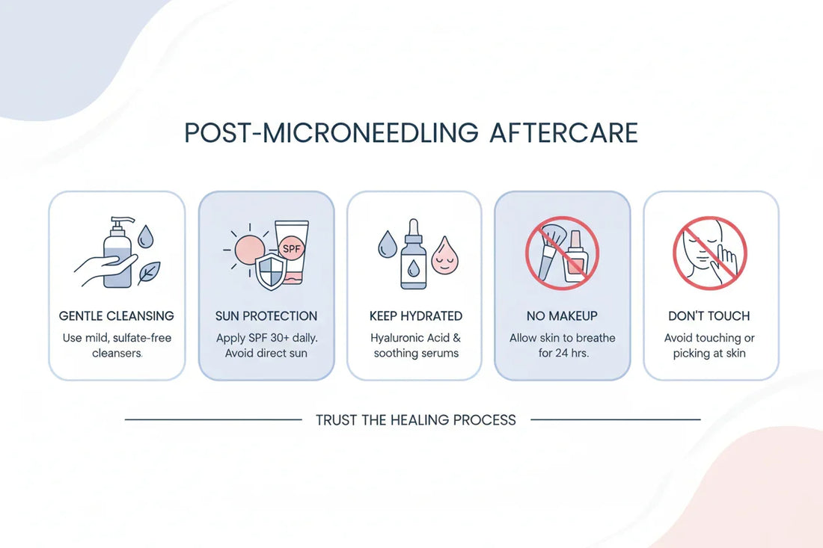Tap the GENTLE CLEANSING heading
pos(117,316)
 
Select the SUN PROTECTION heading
pos(266,316)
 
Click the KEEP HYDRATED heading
pos(416,316)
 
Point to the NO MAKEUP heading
pos(563,316)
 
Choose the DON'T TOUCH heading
pos(709,316)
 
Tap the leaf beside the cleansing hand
pos(148,273)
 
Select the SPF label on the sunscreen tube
pos(291,246)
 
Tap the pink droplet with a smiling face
pos(444,256)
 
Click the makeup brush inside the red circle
pos(551,247)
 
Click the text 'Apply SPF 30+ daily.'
pos(266,338)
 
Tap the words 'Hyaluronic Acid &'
pos(416,338)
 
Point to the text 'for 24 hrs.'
pos(563,353)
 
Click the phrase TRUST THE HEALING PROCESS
pos(416,420)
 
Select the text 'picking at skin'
pos(709,353)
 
